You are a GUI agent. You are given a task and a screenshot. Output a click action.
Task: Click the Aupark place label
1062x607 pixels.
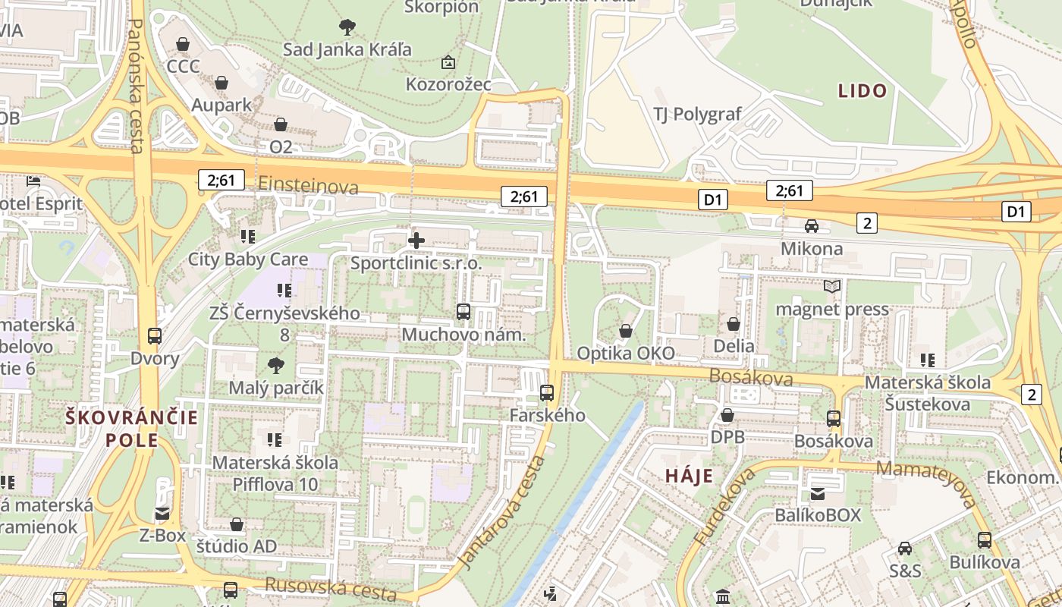[222, 105]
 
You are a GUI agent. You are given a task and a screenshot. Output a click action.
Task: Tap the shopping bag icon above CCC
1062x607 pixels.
[183, 45]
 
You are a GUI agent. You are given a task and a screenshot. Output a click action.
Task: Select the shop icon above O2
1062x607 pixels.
[281, 124]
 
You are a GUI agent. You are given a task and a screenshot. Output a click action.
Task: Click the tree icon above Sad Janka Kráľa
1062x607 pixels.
[347, 28]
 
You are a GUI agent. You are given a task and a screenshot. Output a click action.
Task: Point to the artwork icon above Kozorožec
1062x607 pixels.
[448, 62]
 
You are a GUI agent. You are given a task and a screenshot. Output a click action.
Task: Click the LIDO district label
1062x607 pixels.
[862, 91]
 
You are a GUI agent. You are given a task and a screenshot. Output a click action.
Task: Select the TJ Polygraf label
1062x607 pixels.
[697, 115]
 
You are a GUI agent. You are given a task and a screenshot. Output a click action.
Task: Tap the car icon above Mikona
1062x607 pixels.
[812, 226]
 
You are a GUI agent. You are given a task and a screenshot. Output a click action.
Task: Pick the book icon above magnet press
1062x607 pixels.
[832, 287]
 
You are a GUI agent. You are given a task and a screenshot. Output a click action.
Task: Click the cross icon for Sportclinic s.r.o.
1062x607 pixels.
[416, 241]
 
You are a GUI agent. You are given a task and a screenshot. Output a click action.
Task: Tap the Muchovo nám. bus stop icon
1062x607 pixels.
[463, 312]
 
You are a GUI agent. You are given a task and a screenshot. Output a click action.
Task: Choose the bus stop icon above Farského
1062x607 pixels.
[547, 393]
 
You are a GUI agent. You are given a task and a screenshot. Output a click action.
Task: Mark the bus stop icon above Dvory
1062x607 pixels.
[155, 336]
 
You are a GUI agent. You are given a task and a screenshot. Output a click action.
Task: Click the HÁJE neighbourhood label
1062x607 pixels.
[689, 476]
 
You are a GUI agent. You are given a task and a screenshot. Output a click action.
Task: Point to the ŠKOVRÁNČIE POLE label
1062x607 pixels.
[131, 429]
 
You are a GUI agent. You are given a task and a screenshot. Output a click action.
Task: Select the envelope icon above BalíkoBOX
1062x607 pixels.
[818, 494]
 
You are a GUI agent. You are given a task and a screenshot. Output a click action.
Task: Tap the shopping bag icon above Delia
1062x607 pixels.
[734, 324]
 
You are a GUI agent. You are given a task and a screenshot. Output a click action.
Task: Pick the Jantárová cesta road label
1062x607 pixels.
[501, 512]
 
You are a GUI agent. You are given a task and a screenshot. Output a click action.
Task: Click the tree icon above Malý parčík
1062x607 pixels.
[276, 366]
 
